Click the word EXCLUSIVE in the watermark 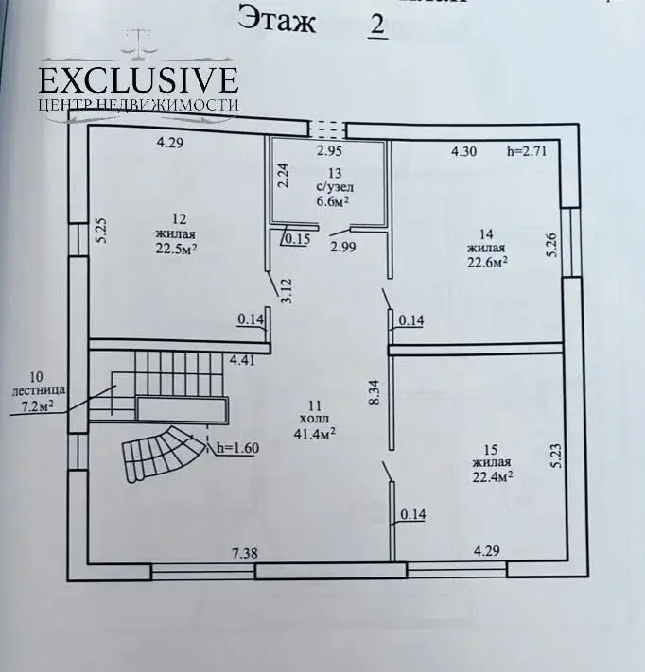tap(138, 80)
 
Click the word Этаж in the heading tap(277, 20)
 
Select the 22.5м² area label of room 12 tap(176, 249)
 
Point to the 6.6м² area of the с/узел tap(332, 200)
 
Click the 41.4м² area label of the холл tap(314, 434)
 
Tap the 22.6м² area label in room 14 tap(488, 262)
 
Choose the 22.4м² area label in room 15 tap(493, 476)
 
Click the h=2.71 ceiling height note tap(527, 151)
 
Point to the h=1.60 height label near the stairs tap(237, 448)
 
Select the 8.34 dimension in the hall tap(375, 392)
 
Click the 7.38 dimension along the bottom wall tap(245, 553)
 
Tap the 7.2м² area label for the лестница tap(38, 406)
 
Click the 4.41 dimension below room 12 tap(242, 360)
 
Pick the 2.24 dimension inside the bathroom tap(283, 175)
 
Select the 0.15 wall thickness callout tap(298, 238)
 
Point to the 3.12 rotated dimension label tap(287, 291)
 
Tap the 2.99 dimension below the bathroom tap(342, 247)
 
